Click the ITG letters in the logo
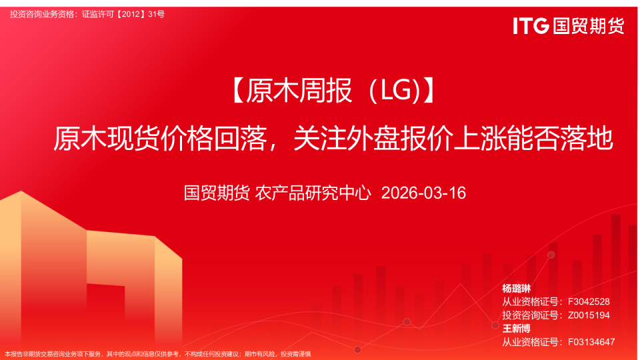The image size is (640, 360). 531,26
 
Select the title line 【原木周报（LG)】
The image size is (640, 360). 333,91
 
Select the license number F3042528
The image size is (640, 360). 589,301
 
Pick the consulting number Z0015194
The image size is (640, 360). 589,315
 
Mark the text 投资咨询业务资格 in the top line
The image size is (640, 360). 41,14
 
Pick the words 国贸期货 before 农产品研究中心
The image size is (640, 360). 217,193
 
